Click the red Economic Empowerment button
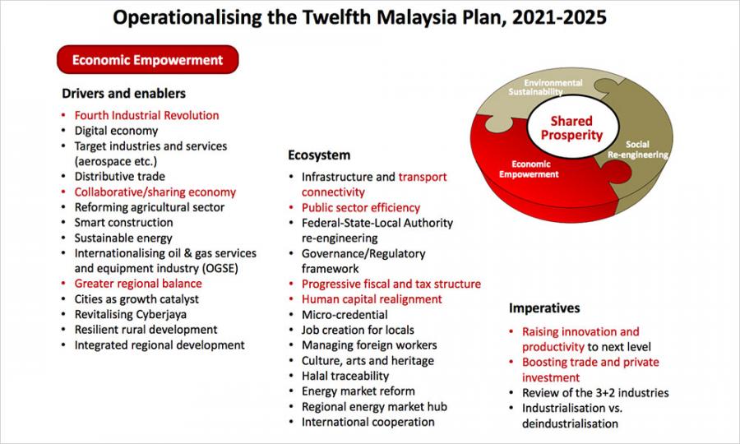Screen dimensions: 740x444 tap(148, 59)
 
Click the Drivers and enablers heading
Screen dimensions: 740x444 tap(123, 94)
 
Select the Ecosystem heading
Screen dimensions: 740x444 tap(319, 155)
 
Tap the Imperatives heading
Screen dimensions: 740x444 tap(544, 308)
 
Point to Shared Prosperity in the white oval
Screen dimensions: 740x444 tap(571, 128)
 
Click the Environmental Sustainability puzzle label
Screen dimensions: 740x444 tap(546, 87)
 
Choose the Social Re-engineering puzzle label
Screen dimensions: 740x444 tap(637, 150)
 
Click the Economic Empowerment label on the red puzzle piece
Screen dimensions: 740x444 tap(529, 169)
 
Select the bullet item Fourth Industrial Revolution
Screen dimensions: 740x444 tap(147, 115)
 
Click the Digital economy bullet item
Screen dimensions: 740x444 tap(116, 131)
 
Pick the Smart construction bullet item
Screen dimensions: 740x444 tap(123, 222)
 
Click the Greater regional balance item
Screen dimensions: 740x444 tap(138, 284)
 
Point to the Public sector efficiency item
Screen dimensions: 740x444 tap(361, 207)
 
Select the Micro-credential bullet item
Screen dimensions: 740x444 tap(345, 315)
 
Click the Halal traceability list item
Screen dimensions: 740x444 tap(345, 376)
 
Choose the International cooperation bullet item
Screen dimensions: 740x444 tap(368, 422)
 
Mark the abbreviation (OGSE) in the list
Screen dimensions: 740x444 tap(220, 269)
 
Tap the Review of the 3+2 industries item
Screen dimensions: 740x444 tap(595, 392)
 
